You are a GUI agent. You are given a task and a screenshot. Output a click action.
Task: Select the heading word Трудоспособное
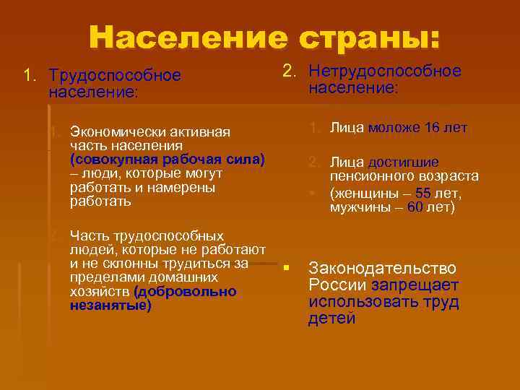coord(114,76)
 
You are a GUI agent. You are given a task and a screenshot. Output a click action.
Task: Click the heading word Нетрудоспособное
coord(384,71)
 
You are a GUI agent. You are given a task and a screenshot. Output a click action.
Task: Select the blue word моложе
coord(394,129)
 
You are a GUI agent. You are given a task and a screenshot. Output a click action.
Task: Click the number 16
coord(432,129)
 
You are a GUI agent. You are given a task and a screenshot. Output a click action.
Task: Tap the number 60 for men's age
coord(415,207)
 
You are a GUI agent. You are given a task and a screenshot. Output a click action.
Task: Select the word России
coord(331,285)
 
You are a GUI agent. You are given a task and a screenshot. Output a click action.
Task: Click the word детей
coord(331,318)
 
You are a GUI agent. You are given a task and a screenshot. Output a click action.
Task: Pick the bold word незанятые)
coord(111,305)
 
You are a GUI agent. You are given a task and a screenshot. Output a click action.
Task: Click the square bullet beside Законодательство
coord(287,269)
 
